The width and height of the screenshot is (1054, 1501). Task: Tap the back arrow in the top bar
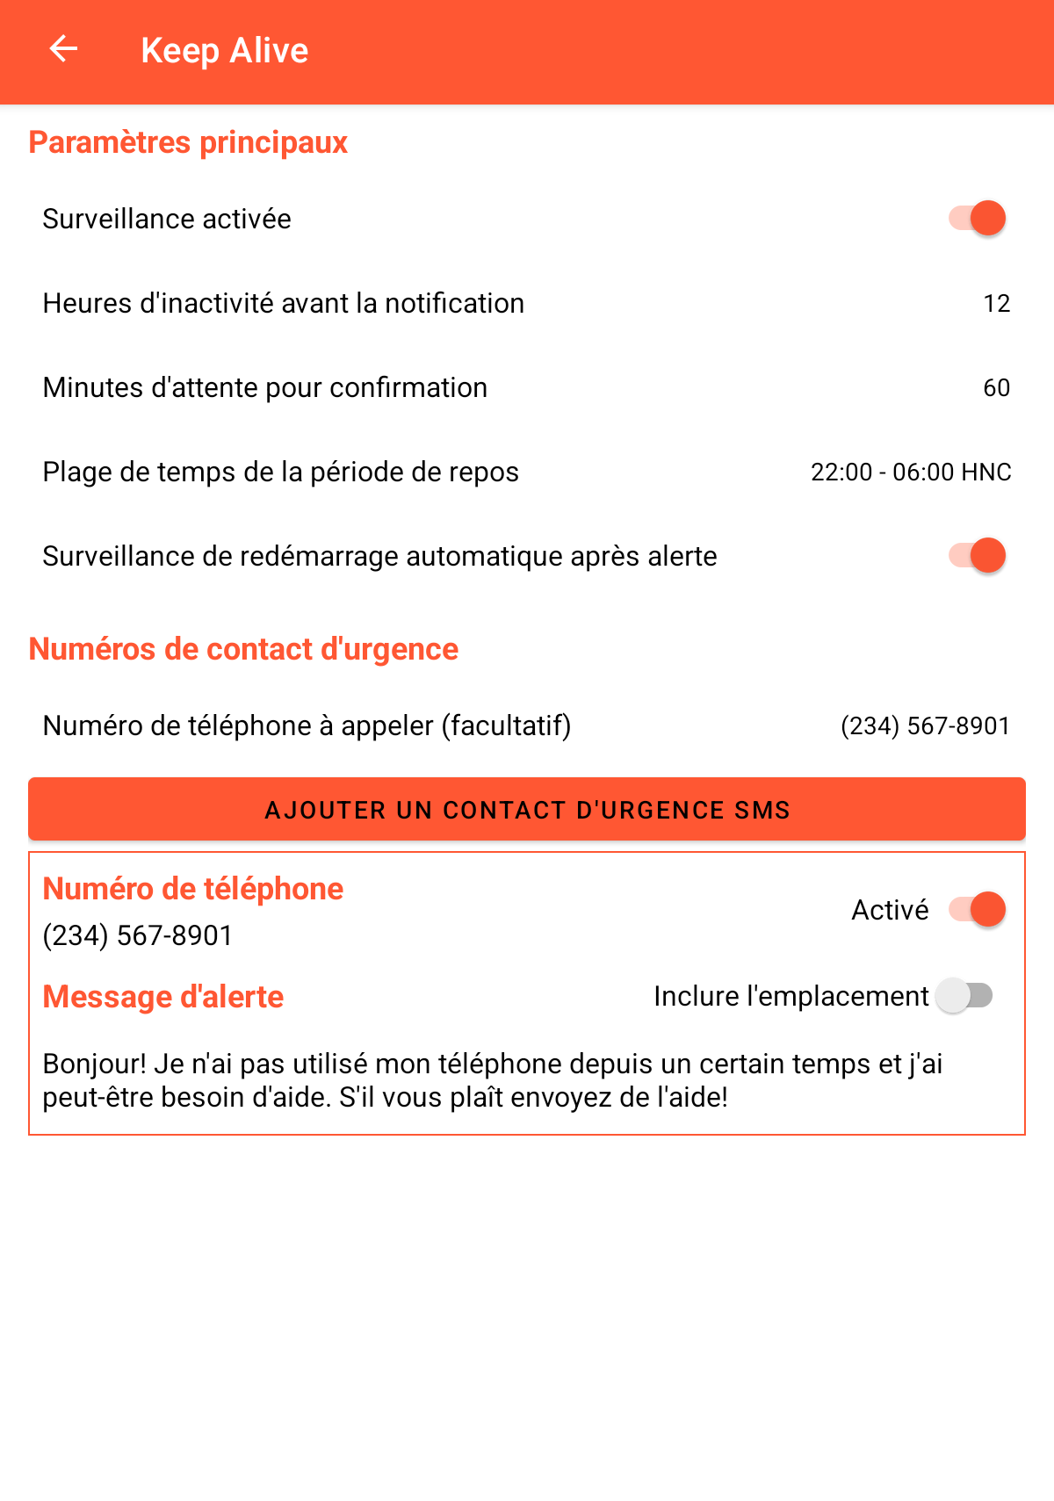tap(63, 49)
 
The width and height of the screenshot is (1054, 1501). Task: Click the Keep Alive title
tap(225, 51)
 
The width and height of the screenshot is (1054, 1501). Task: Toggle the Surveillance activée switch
tap(977, 218)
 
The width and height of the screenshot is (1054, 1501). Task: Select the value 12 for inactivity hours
tap(996, 303)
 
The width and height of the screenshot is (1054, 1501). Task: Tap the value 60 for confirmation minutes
tap(996, 387)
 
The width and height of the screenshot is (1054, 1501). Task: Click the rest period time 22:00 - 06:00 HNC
tap(911, 472)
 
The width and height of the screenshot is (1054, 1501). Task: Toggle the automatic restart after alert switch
tap(977, 555)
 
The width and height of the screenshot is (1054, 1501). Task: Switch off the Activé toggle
tap(977, 909)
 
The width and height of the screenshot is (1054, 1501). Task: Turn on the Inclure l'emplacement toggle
tap(964, 995)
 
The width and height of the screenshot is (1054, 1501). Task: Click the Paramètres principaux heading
tap(188, 142)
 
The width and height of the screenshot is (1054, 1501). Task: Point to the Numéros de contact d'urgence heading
tap(243, 649)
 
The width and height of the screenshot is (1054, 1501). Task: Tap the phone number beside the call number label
tap(925, 725)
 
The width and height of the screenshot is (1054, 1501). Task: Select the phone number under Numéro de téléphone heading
tap(138, 935)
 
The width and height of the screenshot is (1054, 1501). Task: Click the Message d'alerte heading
tap(163, 997)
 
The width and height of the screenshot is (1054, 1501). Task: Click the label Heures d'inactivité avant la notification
tap(283, 303)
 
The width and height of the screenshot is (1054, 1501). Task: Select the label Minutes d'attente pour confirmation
tap(264, 387)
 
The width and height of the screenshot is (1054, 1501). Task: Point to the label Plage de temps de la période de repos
tap(280, 472)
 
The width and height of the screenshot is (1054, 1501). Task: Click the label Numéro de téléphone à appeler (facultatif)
tap(307, 725)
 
